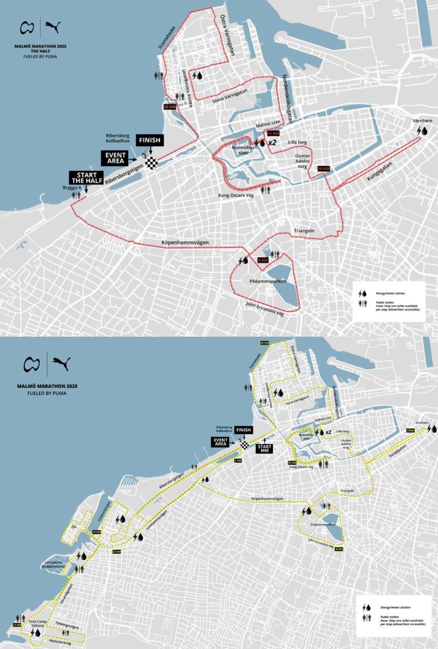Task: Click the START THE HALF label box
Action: click(x=86, y=178)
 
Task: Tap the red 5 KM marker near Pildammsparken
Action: click(x=262, y=260)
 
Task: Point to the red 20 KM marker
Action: click(x=169, y=107)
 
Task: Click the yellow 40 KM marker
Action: click(x=265, y=343)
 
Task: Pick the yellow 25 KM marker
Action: click(x=339, y=549)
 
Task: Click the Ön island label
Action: click(x=74, y=527)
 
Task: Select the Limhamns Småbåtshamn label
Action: click(x=52, y=565)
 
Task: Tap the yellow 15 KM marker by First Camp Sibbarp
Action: click(x=17, y=625)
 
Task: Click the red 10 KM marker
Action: click(x=323, y=169)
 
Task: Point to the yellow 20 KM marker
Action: click(x=116, y=552)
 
